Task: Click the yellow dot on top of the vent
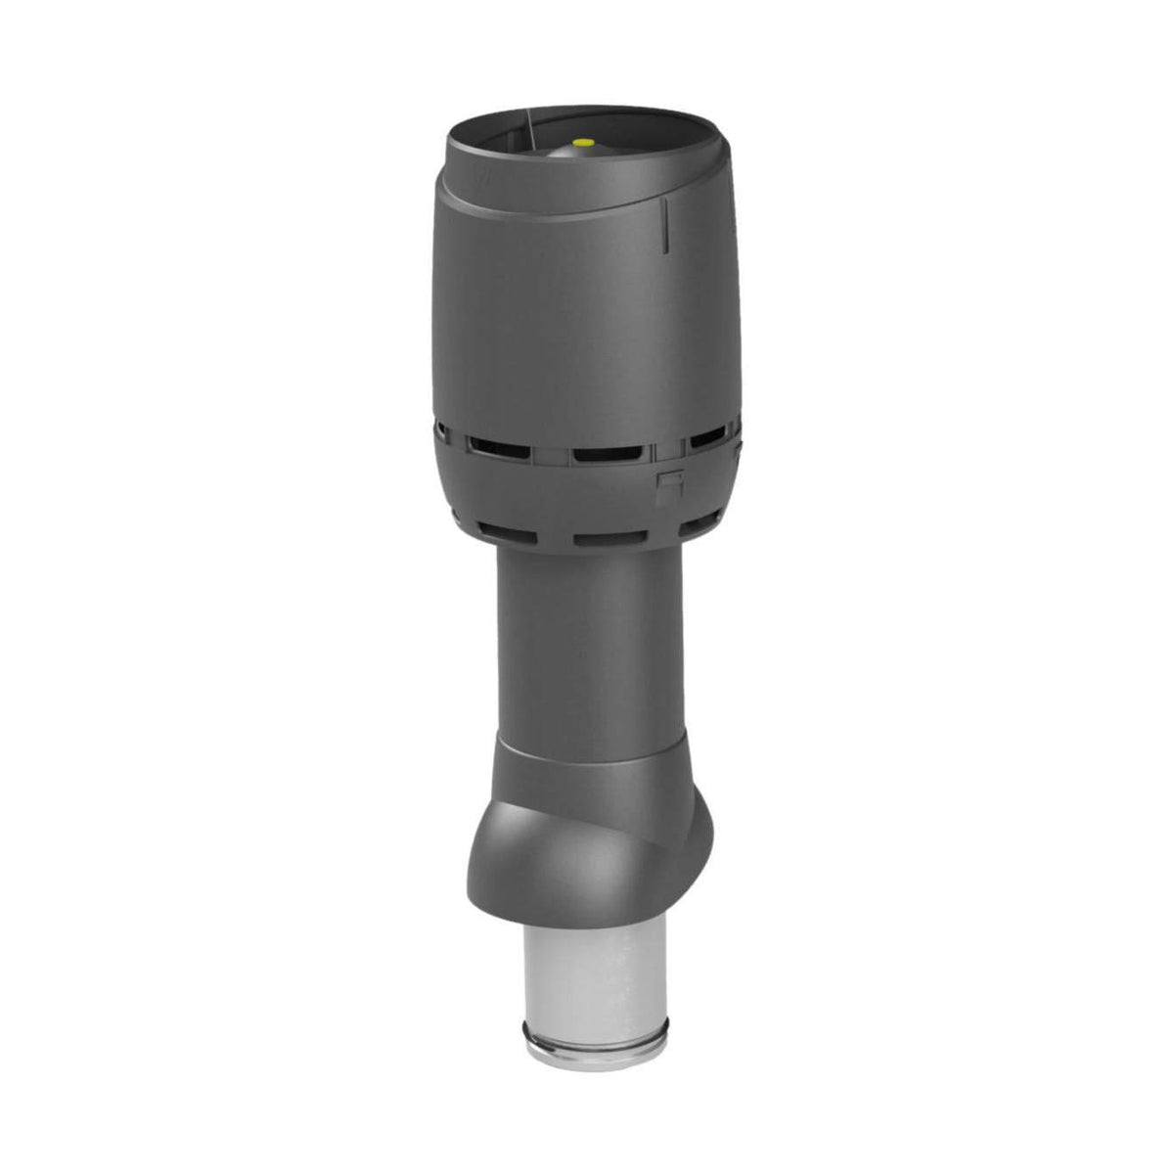pos(585,142)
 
